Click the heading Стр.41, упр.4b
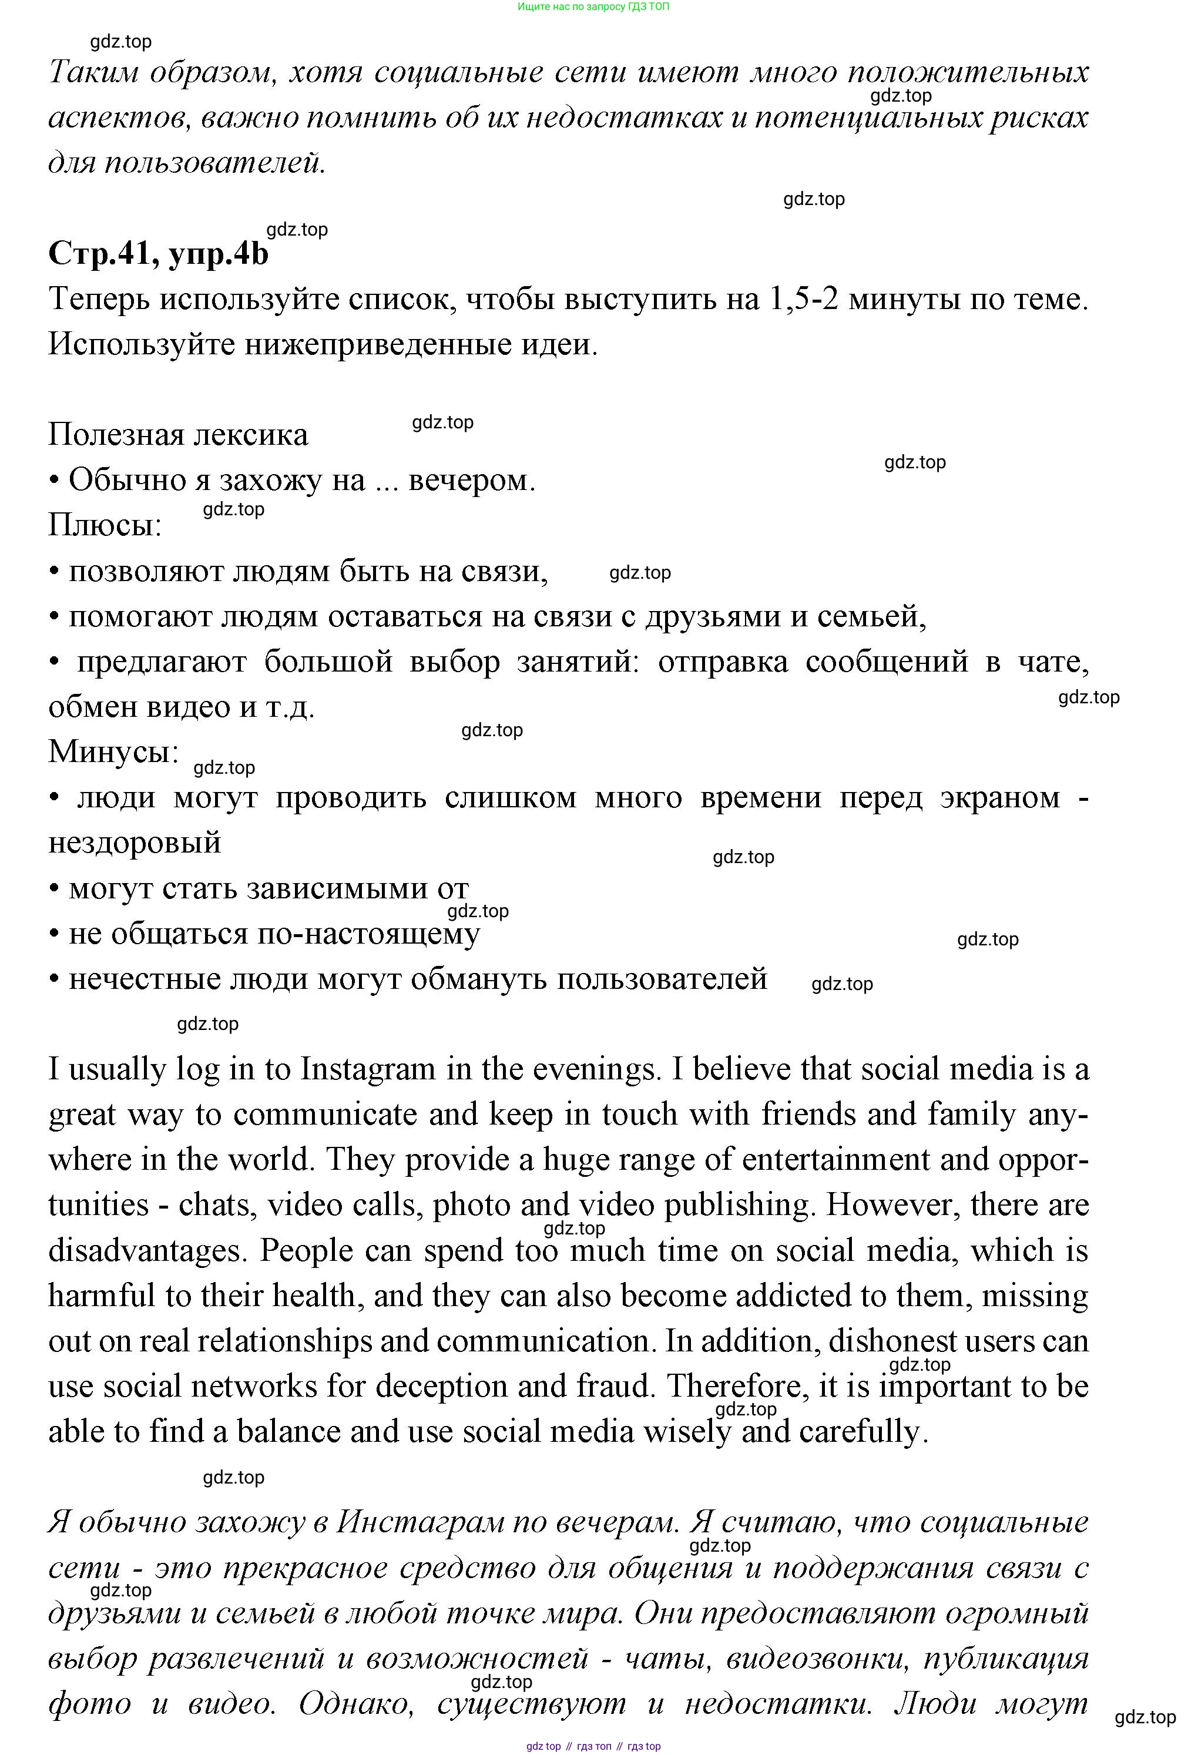pos(158,254)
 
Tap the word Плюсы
pos(104,526)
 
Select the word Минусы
pos(113,752)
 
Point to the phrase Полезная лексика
pos(178,435)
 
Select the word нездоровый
pos(135,843)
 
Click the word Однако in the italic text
pos(355,1704)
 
